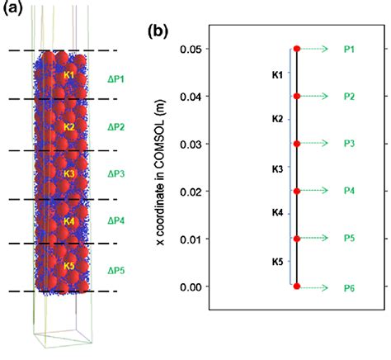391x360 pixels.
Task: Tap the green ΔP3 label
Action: point(117,174)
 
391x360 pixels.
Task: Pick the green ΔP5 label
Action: point(117,269)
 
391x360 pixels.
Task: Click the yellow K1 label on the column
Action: point(69,76)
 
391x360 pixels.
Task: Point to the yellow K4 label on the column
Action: point(69,221)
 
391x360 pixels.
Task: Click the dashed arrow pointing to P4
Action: point(318,192)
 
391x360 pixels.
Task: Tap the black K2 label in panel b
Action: point(277,121)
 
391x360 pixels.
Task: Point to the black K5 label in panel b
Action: point(277,262)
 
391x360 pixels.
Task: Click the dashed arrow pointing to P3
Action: point(318,144)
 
